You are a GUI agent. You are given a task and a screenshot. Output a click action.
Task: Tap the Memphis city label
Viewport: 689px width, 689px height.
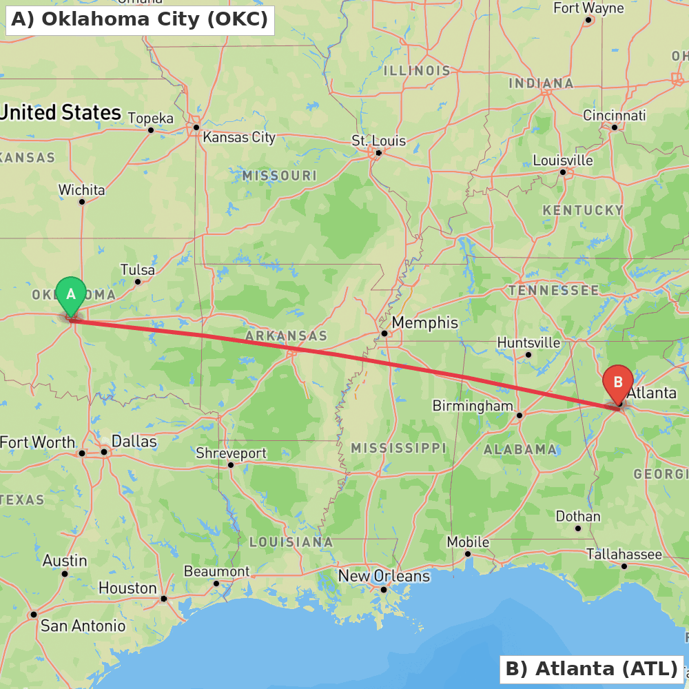click(x=424, y=322)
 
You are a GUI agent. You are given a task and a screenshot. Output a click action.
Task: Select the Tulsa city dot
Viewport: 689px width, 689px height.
click(x=138, y=281)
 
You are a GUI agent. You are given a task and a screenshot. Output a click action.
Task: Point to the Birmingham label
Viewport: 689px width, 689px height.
click(x=473, y=406)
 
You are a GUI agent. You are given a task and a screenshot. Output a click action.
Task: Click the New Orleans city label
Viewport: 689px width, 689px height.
click(x=384, y=576)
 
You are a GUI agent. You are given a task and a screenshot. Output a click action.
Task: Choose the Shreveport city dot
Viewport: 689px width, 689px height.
click(x=231, y=464)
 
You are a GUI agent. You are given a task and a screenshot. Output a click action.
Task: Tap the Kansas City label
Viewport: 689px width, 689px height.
click(x=239, y=137)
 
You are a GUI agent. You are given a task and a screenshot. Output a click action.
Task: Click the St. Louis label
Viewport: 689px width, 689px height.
click(x=379, y=141)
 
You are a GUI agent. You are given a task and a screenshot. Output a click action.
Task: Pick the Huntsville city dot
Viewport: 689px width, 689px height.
click(x=528, y=355)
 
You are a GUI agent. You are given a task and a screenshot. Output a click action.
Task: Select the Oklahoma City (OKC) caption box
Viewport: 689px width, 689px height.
click(x=140, y=20)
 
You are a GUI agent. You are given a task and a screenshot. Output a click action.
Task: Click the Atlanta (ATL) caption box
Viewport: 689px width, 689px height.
click(x=591, y=668)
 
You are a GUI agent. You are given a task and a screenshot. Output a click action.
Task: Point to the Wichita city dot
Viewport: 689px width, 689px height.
click(x=82, y=202)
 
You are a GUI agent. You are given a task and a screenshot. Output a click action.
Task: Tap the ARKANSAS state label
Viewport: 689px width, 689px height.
click(x=286, y=336)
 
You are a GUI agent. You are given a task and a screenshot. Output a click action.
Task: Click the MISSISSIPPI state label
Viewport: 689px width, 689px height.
click(x=398, y=448)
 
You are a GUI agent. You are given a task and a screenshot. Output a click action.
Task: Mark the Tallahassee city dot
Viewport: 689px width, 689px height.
click(x=624, y=566)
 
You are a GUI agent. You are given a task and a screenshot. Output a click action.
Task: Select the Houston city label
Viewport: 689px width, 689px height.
click(x=127, y=588)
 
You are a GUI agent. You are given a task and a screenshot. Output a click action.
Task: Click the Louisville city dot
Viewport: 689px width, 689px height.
click(x=563, y=172)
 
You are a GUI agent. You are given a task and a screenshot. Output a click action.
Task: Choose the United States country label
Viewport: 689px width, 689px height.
click(x=61, y=112)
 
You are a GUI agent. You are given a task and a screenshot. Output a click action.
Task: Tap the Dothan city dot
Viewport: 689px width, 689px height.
click(x=578, y=528)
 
